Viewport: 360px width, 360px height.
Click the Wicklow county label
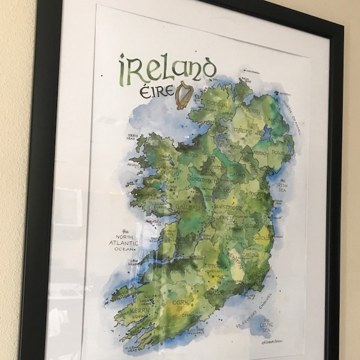click(262, 238)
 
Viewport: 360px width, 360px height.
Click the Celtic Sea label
click(267, 328)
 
